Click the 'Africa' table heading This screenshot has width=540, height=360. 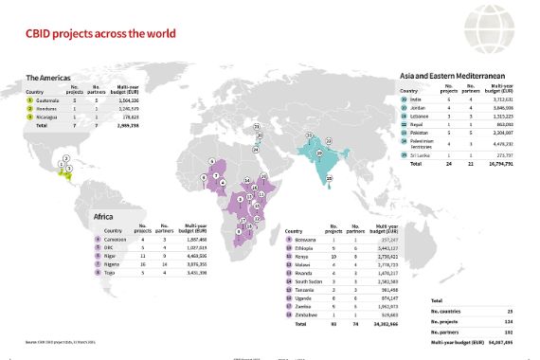pyautogui.click(x=104, y=217)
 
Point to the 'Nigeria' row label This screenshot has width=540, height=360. pyautogui.click(x=113, y=262)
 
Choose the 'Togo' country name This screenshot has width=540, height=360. pyautogui.click(x=109, y=271)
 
